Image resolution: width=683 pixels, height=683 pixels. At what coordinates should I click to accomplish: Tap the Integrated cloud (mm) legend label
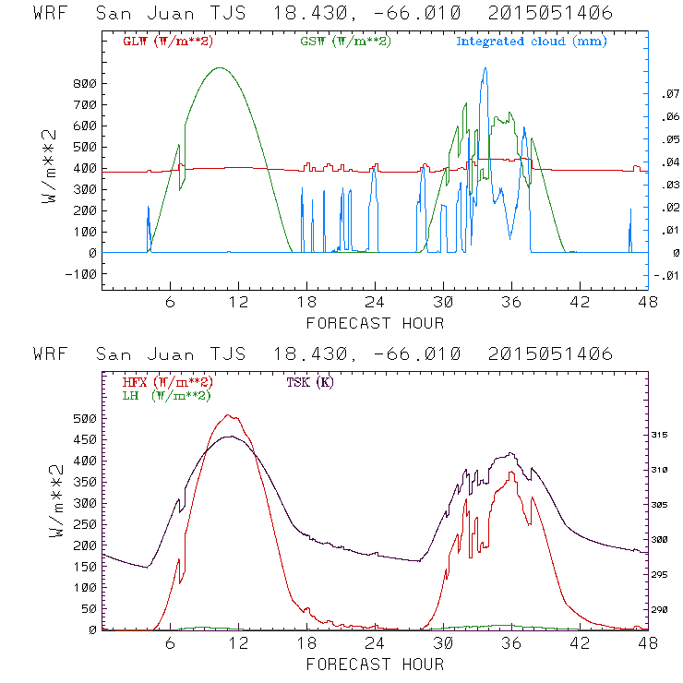(x=531, y=42)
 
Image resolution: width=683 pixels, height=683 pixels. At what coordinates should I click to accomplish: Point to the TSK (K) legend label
(x=310, y=382)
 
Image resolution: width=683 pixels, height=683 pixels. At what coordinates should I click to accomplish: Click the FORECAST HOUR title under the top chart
(x=375, y=323)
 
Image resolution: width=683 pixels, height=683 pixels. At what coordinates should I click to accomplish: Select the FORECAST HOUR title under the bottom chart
(x=375, y=664)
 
